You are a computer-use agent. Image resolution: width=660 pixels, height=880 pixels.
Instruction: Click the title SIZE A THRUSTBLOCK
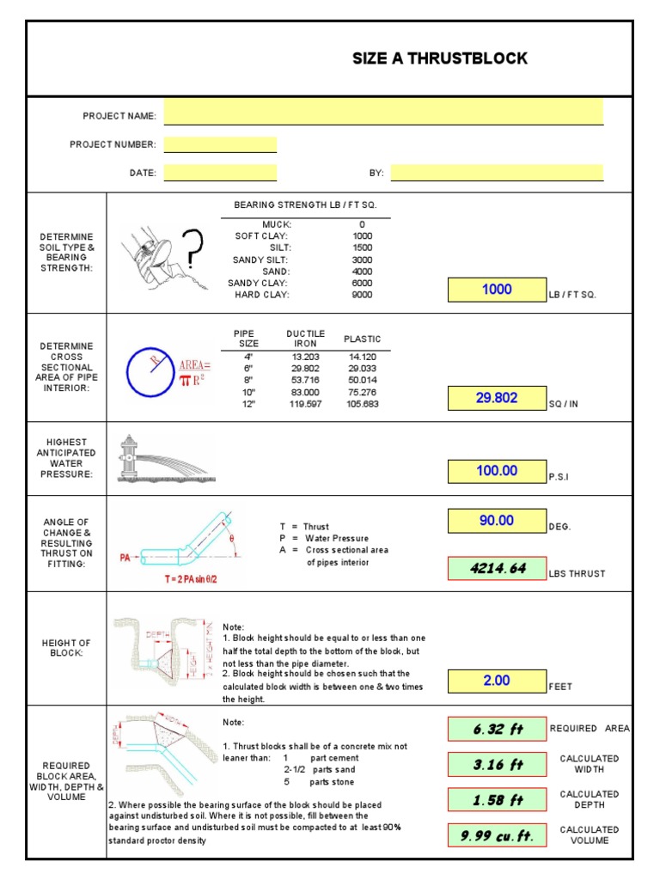point(440,58)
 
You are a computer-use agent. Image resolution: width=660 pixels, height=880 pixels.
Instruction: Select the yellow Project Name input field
point(383,113)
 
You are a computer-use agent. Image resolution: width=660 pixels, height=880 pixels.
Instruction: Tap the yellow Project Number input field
point(220,144)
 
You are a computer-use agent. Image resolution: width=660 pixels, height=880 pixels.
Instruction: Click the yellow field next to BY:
point(496,172)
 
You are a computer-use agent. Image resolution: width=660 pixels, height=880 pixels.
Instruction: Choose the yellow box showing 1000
point(497,290)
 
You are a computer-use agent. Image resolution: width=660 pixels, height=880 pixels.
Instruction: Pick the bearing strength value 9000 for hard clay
point(362,295)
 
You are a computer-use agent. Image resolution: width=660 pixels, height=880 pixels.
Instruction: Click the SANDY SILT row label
point(260,259)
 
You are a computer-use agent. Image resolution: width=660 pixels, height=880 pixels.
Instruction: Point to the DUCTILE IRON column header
point(305,338)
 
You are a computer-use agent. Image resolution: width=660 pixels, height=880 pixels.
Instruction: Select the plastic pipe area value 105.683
point(362,404)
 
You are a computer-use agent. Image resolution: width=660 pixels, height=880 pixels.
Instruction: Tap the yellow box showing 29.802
point(497,398)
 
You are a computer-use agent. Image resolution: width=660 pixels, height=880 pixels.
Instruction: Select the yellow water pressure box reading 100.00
point(497,471)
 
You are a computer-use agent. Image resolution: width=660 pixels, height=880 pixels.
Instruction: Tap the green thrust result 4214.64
point(497,568)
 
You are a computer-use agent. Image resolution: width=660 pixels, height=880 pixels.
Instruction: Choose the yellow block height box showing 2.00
point(497,681)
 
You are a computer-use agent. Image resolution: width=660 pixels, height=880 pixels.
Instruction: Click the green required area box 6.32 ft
point(497,729)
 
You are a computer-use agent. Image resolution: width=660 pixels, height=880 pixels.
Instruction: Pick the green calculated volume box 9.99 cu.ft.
point(497,834)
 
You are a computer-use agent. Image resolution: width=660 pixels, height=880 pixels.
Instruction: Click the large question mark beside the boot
point(194,249)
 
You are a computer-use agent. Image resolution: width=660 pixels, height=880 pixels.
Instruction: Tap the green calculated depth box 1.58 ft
point(497,799)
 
